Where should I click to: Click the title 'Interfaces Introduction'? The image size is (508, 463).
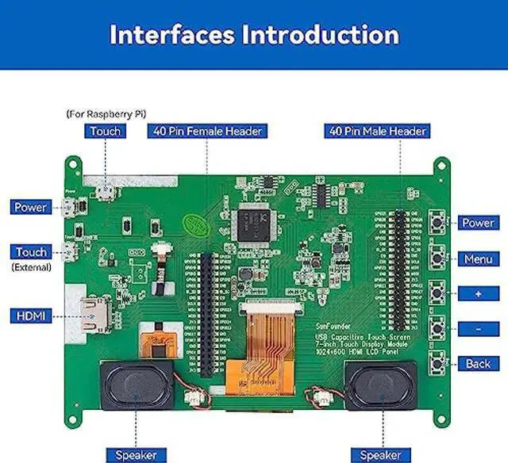point(254,36)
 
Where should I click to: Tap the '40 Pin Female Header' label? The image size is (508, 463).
point(206,131)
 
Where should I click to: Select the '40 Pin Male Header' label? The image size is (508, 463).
point(377,131)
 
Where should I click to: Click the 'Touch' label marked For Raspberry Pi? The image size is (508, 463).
point(106,131)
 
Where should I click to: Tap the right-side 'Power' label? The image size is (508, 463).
point(478,223)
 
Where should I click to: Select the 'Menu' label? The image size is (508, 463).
point(478,258)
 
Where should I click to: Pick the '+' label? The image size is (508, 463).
point(478,293)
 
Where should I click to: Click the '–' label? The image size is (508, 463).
point(478,328)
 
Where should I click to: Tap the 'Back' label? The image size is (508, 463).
point(478,363)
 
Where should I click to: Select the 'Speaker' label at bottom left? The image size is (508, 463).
point(136,455)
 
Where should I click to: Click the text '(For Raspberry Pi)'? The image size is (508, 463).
point(106,113)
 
